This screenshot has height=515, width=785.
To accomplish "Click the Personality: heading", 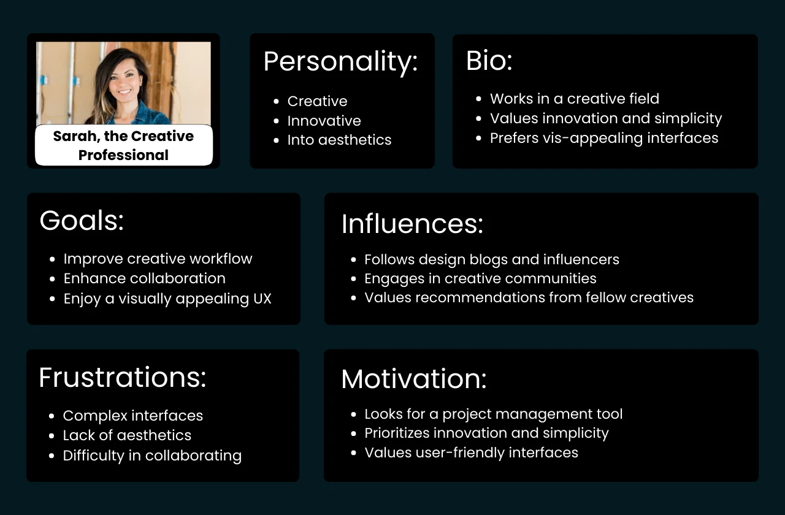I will pos(340,62).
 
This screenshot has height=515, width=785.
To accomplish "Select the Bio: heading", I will pos(489,61).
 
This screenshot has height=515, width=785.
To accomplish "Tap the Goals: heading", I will pos(82,221).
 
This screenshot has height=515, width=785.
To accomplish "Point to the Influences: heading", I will pos(412,224).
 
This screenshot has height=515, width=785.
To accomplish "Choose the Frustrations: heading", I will pos(123,378).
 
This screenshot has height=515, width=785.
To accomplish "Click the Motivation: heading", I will pos(414,379).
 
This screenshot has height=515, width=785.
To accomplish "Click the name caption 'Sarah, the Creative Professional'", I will pos(123,145).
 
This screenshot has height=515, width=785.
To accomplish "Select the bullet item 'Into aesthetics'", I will pos(339,140).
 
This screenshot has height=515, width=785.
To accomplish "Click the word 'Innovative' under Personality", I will pos(324,121).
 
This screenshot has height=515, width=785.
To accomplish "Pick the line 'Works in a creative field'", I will pos(574,99).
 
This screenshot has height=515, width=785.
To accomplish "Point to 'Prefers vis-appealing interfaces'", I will pos(603,138).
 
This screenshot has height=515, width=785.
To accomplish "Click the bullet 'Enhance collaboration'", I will pos(144,278).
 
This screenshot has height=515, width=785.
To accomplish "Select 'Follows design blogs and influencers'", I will pos(491,259).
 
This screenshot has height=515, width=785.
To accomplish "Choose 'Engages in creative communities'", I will pos(480,278).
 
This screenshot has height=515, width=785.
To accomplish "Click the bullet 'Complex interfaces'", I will pos(132,416).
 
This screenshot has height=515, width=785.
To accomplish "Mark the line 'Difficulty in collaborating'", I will pos(152,456).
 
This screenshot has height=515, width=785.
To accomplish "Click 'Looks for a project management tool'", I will pos(493,414).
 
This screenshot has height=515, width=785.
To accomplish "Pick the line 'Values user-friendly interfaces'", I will pos(471,452).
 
